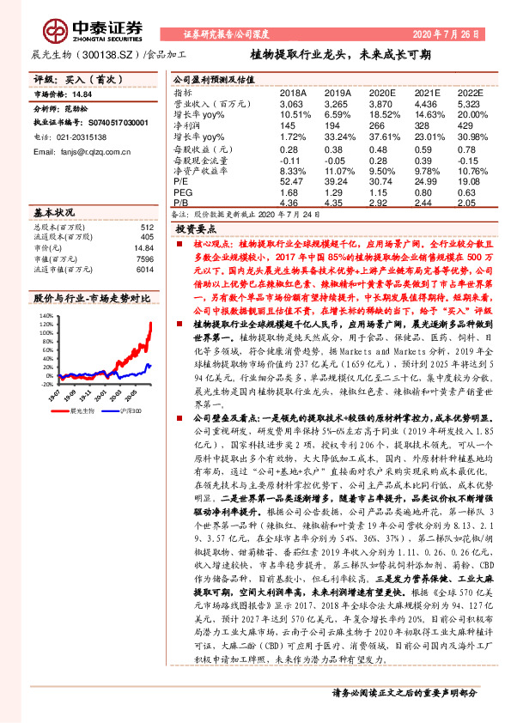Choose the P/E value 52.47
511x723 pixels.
pos(294,181)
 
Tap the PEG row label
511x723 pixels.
pos(183,193)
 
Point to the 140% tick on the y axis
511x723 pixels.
pos(45,316)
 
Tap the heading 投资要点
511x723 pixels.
pos(194,229)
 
